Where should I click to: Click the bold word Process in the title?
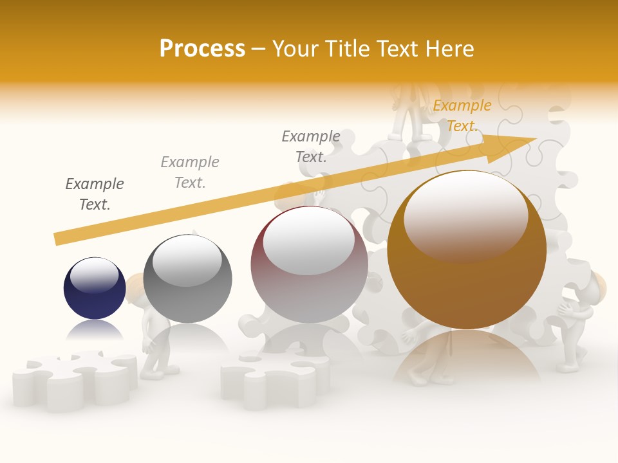coord(202,49)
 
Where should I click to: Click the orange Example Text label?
coord(462,115)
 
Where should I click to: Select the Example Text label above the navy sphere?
coord(95,194)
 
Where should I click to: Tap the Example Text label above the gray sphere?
coord(190,172)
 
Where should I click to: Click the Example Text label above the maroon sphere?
coord(311,146)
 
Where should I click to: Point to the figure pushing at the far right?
coord(579,322)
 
